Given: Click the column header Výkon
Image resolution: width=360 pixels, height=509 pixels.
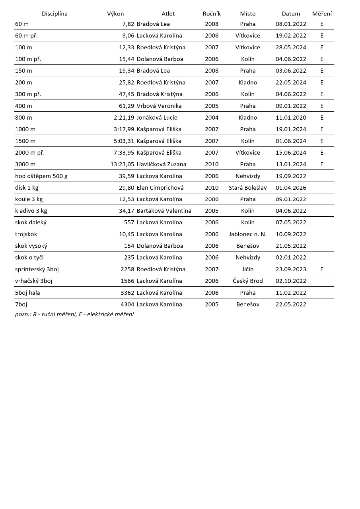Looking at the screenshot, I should (115, 14).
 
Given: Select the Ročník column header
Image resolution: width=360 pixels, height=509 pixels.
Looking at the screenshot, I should (212, 14).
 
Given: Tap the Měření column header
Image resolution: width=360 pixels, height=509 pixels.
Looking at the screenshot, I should (322, 14).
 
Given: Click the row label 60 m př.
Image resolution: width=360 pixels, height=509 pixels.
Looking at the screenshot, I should (26, 36).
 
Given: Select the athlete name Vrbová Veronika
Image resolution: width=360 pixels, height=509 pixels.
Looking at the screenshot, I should (159, 106).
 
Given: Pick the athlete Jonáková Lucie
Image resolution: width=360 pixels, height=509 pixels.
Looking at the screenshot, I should (157, 118).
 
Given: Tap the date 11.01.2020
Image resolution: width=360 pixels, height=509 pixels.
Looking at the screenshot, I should (291, 118).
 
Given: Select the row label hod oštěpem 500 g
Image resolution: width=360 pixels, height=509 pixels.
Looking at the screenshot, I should (41, 176).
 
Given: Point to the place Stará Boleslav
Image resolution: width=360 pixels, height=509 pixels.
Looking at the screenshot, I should (247, 188).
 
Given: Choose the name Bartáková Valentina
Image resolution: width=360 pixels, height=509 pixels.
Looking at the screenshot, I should (164, 211).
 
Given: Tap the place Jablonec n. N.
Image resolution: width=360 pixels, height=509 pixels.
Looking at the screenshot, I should (247, 234).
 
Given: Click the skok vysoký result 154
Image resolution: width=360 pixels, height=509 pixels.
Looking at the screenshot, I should (129, 246).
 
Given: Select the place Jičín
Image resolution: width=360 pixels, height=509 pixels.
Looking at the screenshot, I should (247, 269).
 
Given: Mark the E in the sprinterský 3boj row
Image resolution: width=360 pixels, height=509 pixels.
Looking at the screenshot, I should (322, 269).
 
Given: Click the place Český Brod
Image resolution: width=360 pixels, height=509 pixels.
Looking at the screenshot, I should (247, 281).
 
